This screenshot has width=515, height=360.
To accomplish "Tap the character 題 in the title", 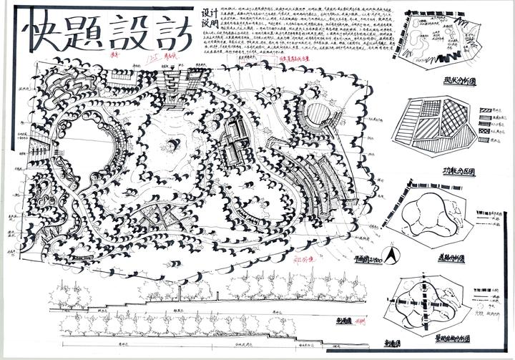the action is tap(84, 33).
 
